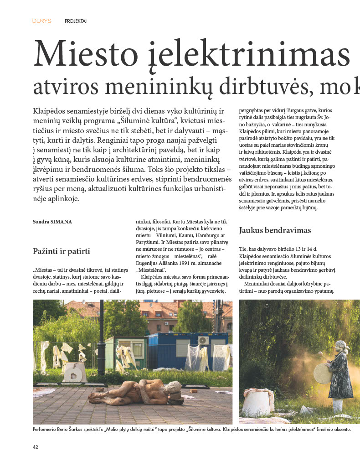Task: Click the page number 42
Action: coord(36,447)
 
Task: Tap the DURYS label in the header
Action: coord(41,21)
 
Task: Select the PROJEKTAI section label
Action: coord(76,21)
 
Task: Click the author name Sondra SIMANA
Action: coord(53,222)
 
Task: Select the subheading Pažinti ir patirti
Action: coord(62,251)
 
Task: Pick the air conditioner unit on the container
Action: coord(204,340)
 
